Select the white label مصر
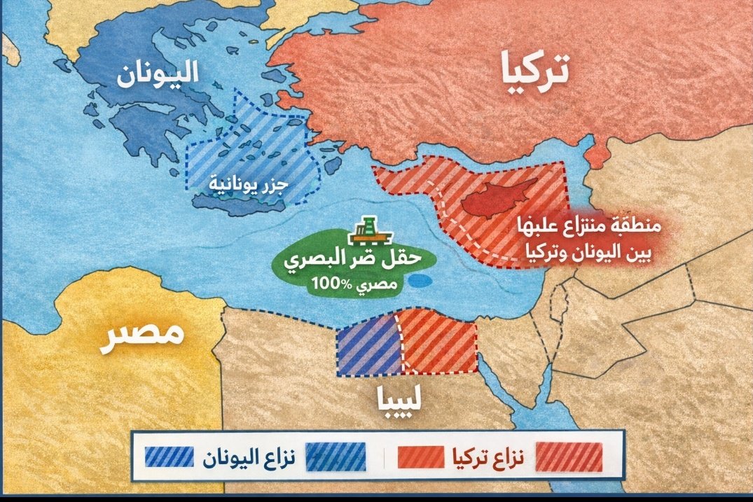(144, 335)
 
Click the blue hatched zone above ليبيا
(367, 344)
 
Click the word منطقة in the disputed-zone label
(635, 226)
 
